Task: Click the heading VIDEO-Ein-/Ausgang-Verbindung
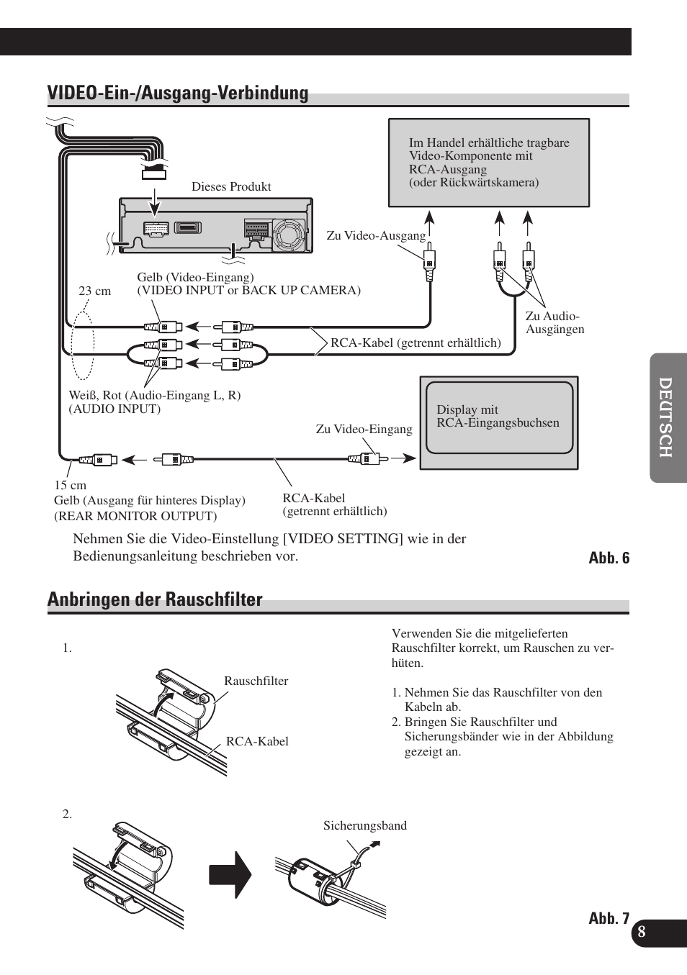coord(178,94)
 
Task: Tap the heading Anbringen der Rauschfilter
coord(155,600)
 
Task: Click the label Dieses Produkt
coord(231,187)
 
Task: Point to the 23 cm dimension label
coord(95,291)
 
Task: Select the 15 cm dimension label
coord(70,486)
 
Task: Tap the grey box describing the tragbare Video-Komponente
coord(489,163)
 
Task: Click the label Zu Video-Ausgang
coord(376,236)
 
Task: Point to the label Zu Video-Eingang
coord(364,430)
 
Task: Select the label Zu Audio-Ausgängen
coord(554,322)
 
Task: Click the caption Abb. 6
coord(609,558)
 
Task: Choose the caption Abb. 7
coord(609,918)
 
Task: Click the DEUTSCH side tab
coord(668,417)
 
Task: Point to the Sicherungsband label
coord(364,826)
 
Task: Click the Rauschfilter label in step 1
coord(256,681)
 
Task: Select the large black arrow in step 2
coord(230,875)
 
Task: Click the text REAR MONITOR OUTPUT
coord(135,516)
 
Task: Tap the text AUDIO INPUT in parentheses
coord(114,409)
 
